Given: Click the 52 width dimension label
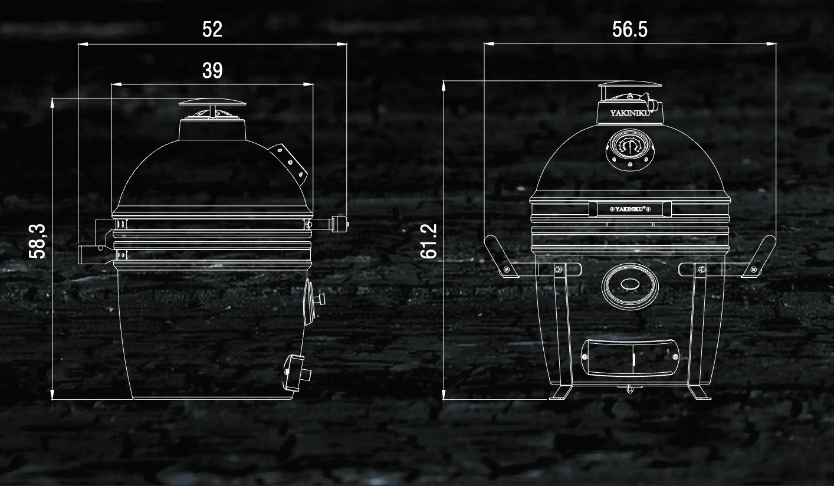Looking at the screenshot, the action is click(212, 29).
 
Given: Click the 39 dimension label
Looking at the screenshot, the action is click(212, 70).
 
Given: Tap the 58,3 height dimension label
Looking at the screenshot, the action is click(37, 241).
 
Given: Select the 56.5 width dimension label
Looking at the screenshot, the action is click(629, 29).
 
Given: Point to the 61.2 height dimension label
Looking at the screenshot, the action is click(429, 241).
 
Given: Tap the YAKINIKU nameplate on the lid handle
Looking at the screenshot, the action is click(630, 209).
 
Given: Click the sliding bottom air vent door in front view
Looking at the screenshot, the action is click(630, 357).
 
